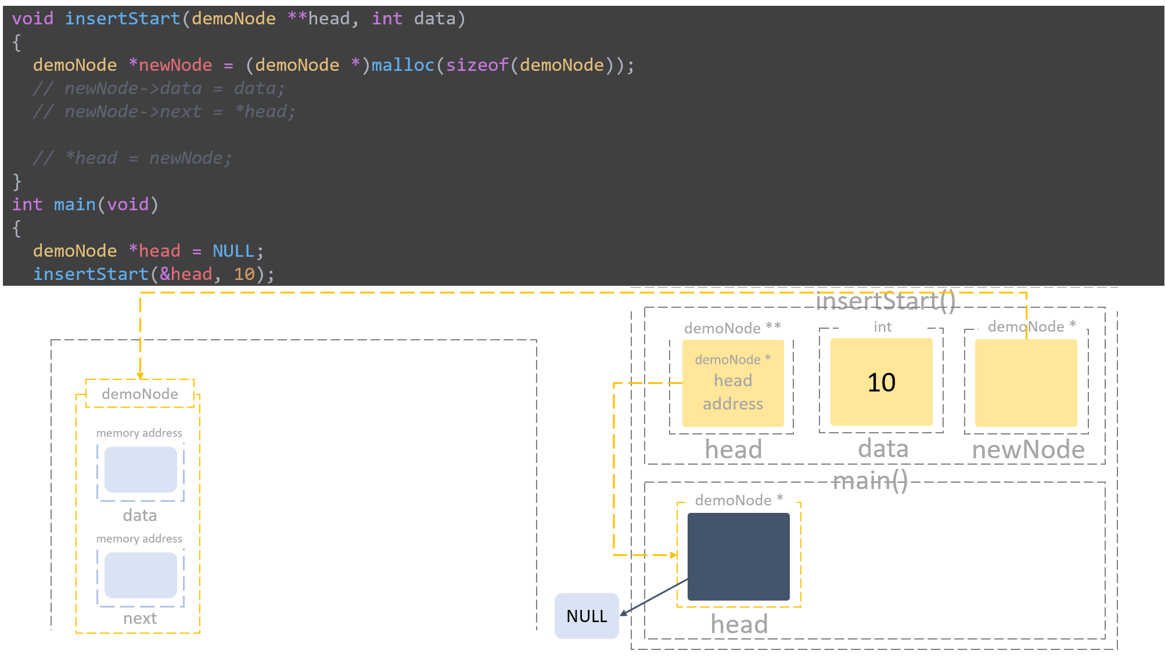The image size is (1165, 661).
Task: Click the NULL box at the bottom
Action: (587, 616)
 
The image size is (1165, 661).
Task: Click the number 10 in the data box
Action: (881, 382)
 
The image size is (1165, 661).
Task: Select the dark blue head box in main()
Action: (738, 556)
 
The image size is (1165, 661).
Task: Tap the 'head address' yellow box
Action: (732, 383)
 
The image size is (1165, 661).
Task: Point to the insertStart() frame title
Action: (885, 301)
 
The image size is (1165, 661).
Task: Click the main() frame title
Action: (869, 481)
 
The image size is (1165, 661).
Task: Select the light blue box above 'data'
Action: (141, 469)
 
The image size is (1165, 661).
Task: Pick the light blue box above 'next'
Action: (141, 575)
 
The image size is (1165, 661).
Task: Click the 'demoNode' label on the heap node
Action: (140, 394)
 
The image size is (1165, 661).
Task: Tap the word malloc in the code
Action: (402, 65)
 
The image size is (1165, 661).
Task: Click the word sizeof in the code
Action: (477, 65)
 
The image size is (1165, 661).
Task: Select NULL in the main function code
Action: (233, 251)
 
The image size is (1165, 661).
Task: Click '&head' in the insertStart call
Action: (186, 274)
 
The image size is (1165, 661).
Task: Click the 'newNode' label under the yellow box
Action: (1028, 450)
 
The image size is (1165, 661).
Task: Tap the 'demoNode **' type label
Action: (732, 328)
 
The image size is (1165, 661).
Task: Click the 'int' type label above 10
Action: (882, 327)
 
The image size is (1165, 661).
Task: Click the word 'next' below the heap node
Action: (140, 618)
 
